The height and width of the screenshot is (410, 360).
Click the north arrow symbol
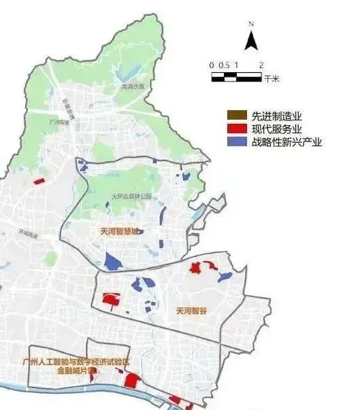coord(250,40)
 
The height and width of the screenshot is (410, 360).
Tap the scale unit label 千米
coord(272,78)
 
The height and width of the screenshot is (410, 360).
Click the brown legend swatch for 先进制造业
coord(235,116)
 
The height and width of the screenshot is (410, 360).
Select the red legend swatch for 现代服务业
coord(235,129)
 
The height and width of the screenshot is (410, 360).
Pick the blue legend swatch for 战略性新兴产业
coord(235,142)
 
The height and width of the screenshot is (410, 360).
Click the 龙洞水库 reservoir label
coord(131,88)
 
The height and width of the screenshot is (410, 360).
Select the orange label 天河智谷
coord(191,311)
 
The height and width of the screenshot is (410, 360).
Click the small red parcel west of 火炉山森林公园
coord(39,181)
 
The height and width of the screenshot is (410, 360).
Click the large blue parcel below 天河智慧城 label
coord(112,261)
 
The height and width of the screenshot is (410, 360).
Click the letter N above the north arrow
coord(250,24)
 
